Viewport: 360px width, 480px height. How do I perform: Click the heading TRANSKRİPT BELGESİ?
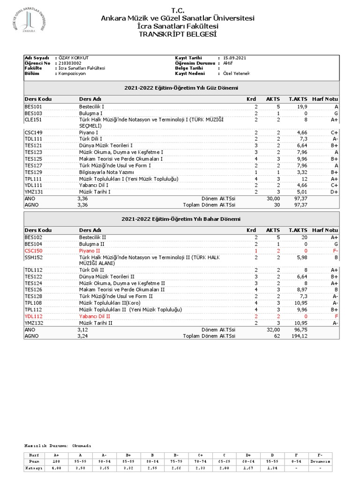[x=178, y=34]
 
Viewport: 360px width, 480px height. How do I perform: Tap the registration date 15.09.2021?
[x=235, y=58]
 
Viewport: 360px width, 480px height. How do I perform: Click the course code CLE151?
[x=33, y=120]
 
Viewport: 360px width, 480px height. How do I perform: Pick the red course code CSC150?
[x=33, y=251]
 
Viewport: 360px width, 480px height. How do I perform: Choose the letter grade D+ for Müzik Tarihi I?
[x=333, y=192]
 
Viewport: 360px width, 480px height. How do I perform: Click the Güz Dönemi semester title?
[x=181, y=88]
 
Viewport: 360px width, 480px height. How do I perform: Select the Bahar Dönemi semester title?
[x=181, y=219]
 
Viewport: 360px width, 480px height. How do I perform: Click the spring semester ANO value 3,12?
[x=82, y=330]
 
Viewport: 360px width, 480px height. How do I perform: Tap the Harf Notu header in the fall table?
[x=325, y=99]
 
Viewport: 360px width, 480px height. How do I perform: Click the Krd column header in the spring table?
[x=251, y=230]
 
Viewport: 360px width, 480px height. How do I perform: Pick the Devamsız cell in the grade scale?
[x=320, y=461]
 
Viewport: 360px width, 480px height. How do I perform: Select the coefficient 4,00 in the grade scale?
[x=57, y=468]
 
